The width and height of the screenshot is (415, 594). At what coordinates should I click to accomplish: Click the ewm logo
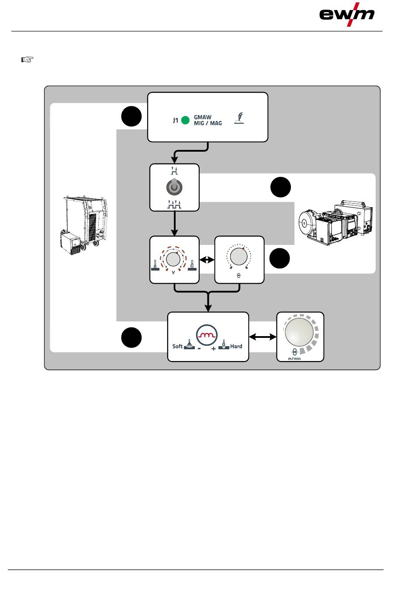tap(346, 14)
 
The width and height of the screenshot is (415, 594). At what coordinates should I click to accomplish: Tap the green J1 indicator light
tap(185, 120)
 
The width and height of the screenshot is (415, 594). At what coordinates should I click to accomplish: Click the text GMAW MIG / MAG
tap(208, 120)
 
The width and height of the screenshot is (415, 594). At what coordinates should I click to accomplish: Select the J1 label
tap(176, 120)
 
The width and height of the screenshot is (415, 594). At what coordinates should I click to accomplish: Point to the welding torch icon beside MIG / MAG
tap(239, 118)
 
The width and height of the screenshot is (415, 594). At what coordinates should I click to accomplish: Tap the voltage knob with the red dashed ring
tap(173, 259)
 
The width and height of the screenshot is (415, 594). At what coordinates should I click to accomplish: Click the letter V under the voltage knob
tap(173, 272)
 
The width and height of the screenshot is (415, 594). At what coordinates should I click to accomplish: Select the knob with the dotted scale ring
tap(239, 257)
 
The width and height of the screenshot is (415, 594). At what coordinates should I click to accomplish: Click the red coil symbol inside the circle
tap(207, 335)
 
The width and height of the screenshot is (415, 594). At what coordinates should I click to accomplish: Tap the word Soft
tap(177, 346)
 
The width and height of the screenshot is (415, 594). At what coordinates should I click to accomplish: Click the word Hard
tap(236, 346)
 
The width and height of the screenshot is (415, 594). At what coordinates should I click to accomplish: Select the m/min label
tap(294, 359)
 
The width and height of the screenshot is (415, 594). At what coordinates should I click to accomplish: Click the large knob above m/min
tap(300, 332)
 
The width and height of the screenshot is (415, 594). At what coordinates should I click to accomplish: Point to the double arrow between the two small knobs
tap(207, 260)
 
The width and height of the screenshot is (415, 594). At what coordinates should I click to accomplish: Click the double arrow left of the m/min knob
tap(263, 337)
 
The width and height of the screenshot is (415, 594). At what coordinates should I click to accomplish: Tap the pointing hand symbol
tap(27, 59)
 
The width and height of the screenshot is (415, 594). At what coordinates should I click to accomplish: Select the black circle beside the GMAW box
tap(131, 116)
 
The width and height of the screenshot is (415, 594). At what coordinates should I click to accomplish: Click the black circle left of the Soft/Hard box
tap(131, 337)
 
